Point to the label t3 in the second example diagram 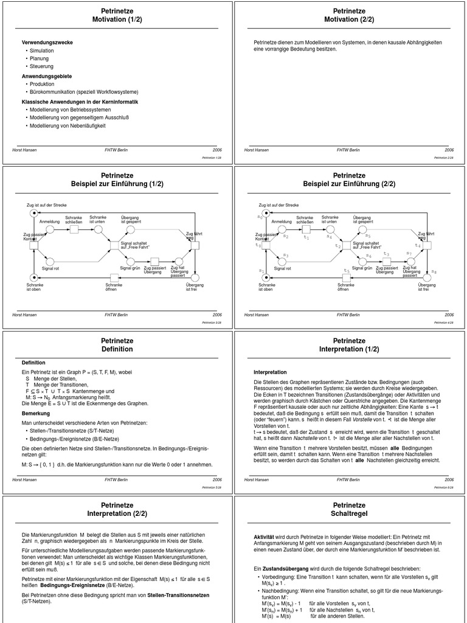pyautogui.click(x=386, y=254)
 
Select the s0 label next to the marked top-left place pyautogui.click(x=260, y=216)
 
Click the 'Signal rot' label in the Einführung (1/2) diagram pyautogui.click(x=50, y=268)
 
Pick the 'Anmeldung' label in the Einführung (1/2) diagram pyautogui.click(x=50, y=221)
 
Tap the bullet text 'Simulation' pyautogui.click(x=42, y=50)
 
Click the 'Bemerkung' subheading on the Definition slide pyautogui.click(x=36, y=413)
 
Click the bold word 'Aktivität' pyautogui.click(x=266, y=537)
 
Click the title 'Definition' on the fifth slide pyautogui.click(x=117, y=349)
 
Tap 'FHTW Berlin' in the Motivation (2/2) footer pyautogui.click(x=348, y=150)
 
